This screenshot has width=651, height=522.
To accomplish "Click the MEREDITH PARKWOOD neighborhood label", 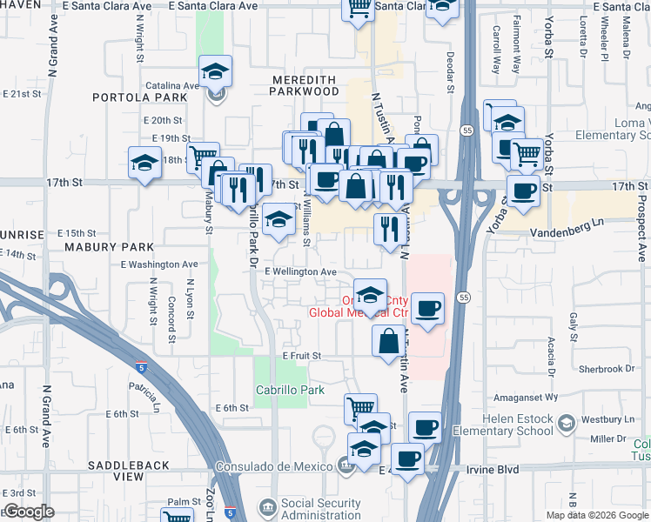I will point(305,84).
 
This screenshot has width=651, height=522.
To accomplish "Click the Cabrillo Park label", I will point(290,391).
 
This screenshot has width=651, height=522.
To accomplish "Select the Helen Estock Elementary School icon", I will point(567,424).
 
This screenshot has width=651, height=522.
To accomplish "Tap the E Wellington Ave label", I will point(301,271).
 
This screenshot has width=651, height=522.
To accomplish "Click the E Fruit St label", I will point(301,356).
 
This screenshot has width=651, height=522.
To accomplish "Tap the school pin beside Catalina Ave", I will point(216,71).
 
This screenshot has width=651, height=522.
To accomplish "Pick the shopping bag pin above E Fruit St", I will point(388,340).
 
